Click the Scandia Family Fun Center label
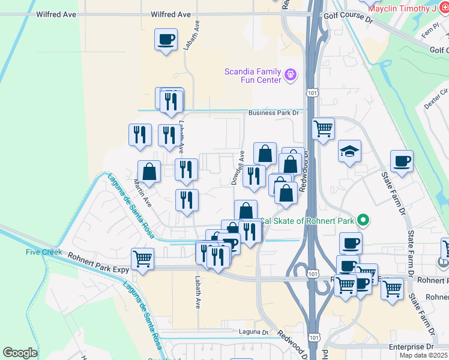click(253, 75)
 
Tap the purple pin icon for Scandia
click(291, 74)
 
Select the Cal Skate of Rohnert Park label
click(308, 221)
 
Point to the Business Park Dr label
click(274, 112)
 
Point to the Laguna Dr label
click(256, 332)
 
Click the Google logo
click(20, 353)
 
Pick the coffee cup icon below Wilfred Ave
click(166, 40)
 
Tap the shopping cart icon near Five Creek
click(143, 259)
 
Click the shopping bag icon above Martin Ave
click(149, 172)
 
